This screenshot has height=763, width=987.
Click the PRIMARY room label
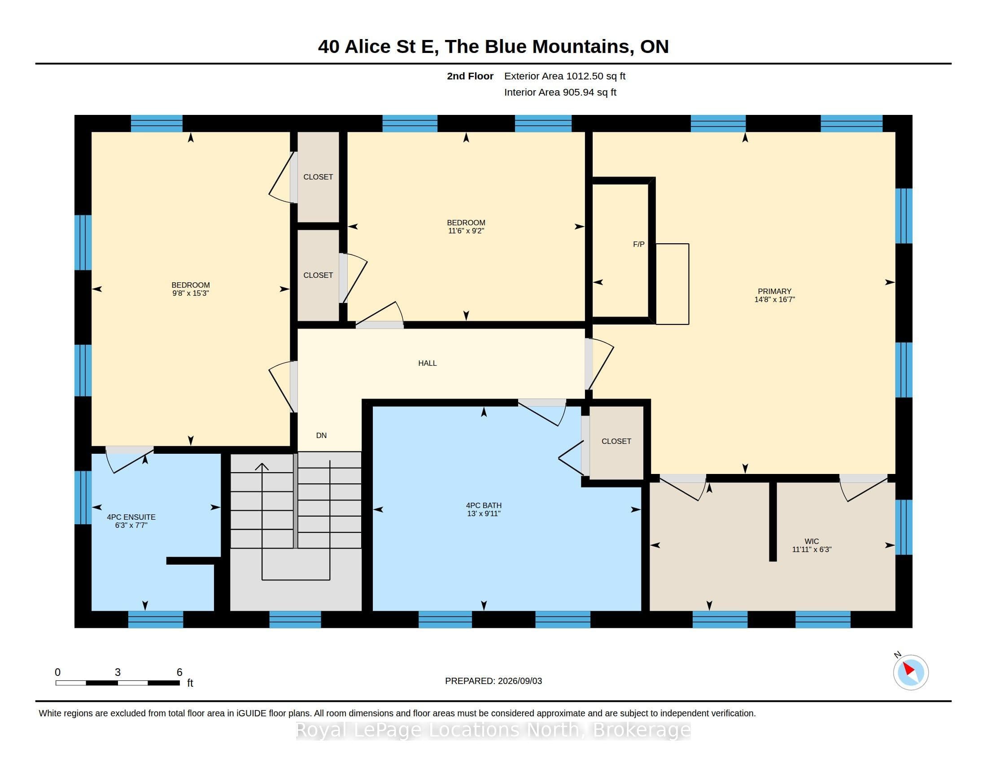pyautogui.click(x=774, y=292)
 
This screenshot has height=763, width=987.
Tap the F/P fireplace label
pyautogui.click(x=638, y=245)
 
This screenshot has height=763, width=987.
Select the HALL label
pyautogui.click(x=428, y=364)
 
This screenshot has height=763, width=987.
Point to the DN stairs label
pyautogui.click(x=321, y=436)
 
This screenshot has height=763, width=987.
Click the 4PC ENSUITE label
pyautogui.click(x=131, y=517)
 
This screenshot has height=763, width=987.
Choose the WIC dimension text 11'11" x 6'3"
pyautogui.click(x=812, y=550)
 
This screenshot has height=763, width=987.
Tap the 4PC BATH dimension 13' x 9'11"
pyautogui.click(x=484, y=514)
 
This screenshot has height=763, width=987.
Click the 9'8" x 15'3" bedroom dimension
pyautogui.click(x=190, y=294)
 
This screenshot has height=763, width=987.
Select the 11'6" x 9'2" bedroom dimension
pyautogui.click(x=466, y=231)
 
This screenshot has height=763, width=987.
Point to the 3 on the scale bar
pyautogui.click(x=118, y=672)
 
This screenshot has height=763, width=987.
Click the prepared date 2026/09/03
pyautogui.click(x=519, y=681)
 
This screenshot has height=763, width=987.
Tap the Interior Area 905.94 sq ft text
pyautogui.click(x=560, y=92)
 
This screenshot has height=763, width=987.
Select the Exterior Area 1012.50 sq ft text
pyautogui.click(x=564, y=76)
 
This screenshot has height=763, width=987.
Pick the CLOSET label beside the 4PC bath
pyautogui.click(x=616, y=442)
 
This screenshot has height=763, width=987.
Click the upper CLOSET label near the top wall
pyautogui.click(x=318, y=177)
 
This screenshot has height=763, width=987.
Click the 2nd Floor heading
pyautogui.click(x=470, y=76)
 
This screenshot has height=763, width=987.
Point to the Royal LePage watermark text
pyautogui.click(x=493, y=730)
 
